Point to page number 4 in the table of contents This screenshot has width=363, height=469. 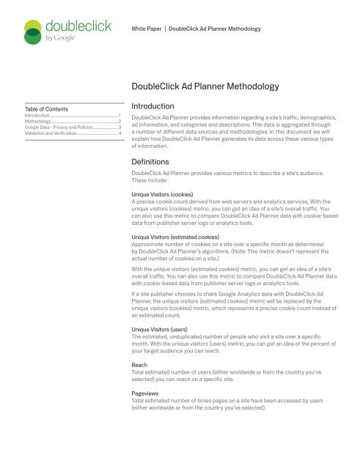120,133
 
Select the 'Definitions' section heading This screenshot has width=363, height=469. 149,160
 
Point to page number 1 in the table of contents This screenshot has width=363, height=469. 120,115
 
